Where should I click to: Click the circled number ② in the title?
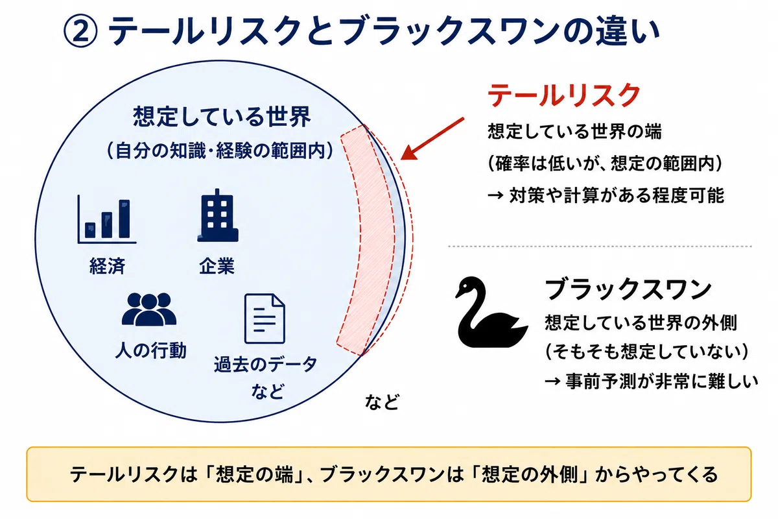point(80,30)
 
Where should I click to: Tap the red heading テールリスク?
point(563,95)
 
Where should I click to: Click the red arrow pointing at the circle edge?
point(432,139)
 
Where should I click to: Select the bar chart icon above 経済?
point(107,219)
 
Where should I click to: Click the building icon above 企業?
point(218,215)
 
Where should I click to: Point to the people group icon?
point(149,309)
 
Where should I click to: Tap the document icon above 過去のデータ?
point(265,319)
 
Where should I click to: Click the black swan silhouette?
point(491,312)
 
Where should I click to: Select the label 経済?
point(108,266)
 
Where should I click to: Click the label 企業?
point(217,266)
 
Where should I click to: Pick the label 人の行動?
point(150,350)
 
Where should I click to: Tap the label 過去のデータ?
point(265,365)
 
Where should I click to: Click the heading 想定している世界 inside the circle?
point(222,117)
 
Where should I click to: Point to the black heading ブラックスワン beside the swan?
point(628,289)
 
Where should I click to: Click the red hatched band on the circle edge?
point(366,240)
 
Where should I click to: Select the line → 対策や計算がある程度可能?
point(606,195)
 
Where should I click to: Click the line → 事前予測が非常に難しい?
point(651,381)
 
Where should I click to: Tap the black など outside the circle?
point(382,402)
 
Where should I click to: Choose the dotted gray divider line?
point(600,246)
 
